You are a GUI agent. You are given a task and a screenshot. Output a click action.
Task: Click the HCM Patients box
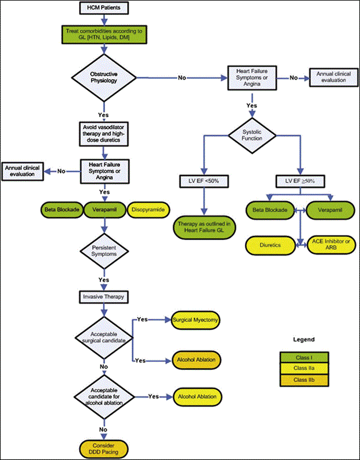(104, 8)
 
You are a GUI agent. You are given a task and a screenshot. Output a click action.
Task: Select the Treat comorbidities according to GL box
(104, 34)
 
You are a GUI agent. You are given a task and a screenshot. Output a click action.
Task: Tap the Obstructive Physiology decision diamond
(104, 77)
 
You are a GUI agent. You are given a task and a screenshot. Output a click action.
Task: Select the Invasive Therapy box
(104, 297)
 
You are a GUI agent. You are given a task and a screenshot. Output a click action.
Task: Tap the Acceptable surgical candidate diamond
(104, 337)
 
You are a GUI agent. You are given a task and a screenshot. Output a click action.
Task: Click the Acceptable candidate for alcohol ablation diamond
(104, 397)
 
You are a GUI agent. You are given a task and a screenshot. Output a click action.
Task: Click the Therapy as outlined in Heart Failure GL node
(203, 227)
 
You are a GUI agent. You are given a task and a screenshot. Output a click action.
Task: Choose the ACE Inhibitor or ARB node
(327, 245)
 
